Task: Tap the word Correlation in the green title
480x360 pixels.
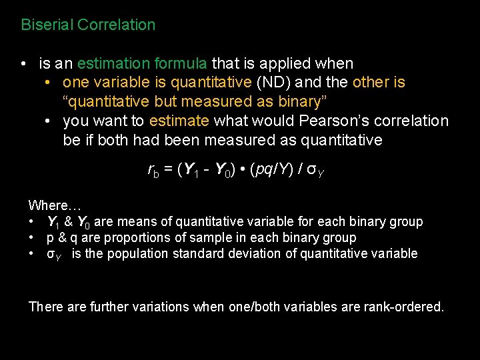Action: (x=117, y=25)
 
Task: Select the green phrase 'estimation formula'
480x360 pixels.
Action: (x=142, y=64)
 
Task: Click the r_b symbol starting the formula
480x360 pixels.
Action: (x=153, y=171)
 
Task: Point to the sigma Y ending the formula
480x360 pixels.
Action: (x=311, y=171)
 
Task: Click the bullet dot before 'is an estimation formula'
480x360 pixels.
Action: (x=23, y=65)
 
